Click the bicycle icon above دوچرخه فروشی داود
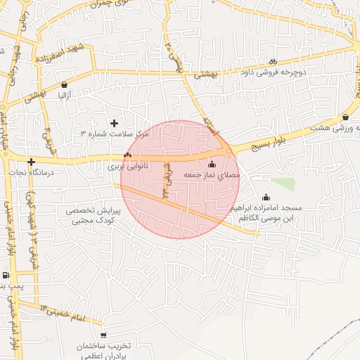(274, 61)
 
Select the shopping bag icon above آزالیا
(64, 84)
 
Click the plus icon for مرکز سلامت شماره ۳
(114, 123)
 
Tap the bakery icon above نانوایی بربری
(127, 155)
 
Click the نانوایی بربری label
(127, 167)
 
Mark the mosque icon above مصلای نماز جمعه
(212, 164)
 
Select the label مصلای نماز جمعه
(212, 174)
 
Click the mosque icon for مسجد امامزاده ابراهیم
(266, 198)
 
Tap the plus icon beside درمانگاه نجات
(31, 161)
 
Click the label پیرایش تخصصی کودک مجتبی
(94, 215)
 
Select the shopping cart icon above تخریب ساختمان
(104, 335)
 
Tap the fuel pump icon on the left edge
(6, 275)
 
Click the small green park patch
(283, 184)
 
